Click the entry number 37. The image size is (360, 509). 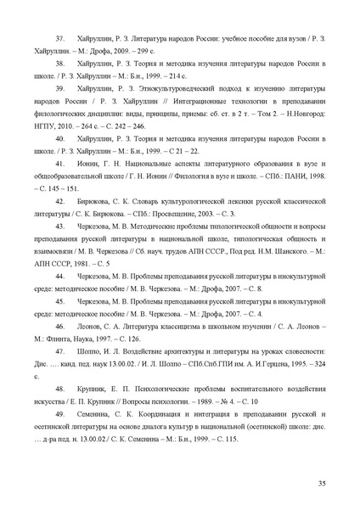tap(60, 39)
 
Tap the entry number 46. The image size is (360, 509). tap(60, 326)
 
